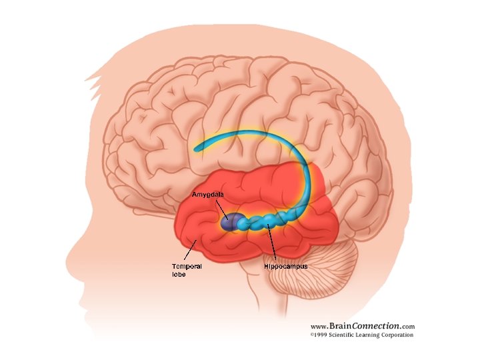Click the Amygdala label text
tap(207, 194)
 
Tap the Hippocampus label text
tap(285, 266)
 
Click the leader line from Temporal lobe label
tap(189, 253)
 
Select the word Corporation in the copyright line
tap(398, 335)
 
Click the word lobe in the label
tap(179, 274)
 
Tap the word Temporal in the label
tap(187, 266)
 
